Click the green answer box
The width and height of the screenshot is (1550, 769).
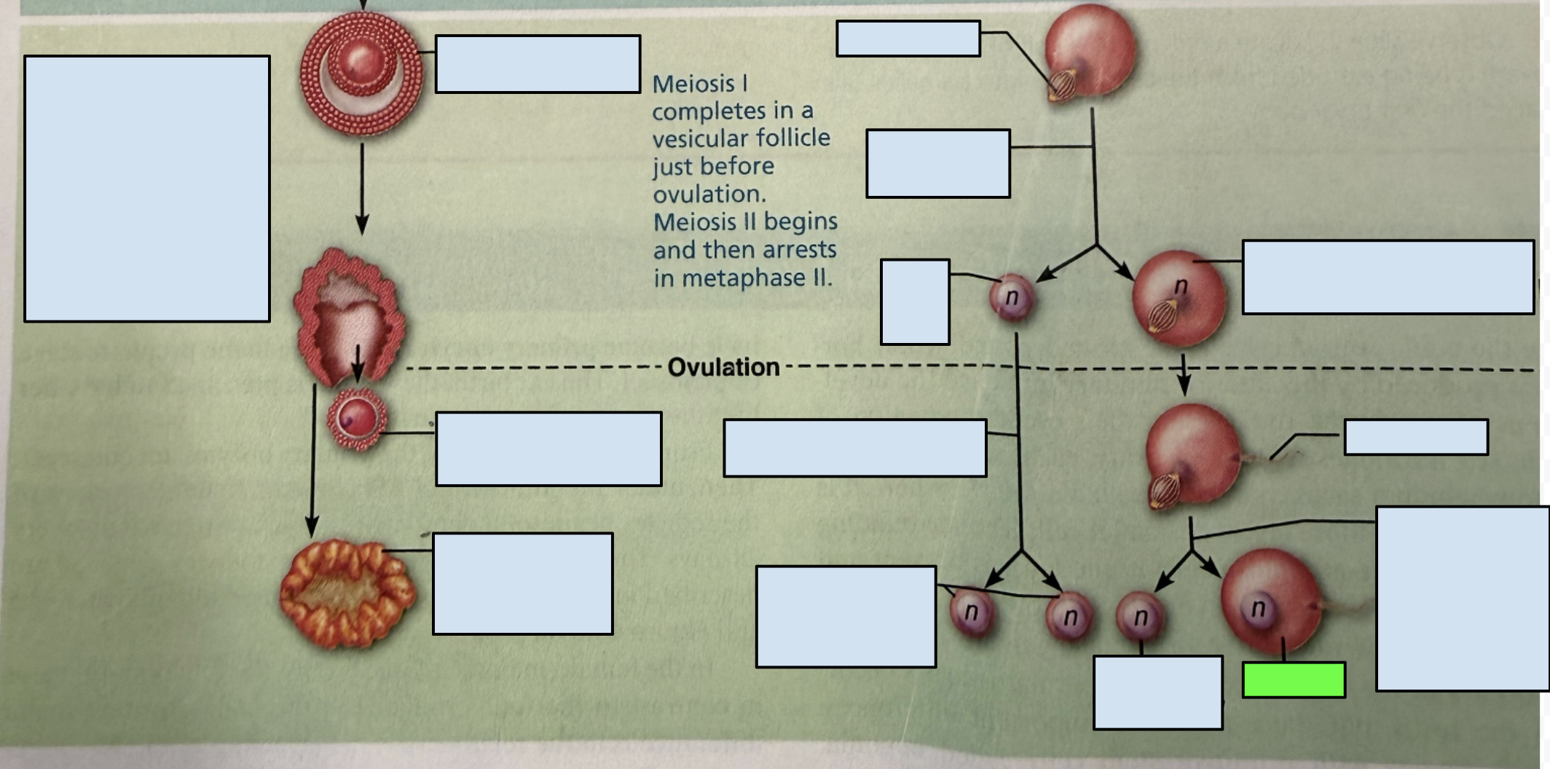tap(1294, 679)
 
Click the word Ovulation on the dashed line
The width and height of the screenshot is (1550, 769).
tap(723, 367)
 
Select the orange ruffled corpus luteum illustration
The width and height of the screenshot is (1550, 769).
tap(348, 593)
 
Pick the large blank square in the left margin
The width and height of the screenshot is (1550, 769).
tap(147, 189)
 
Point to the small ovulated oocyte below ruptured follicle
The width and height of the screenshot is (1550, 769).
tap(357, 419)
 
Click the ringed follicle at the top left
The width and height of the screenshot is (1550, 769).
tap(361, 74)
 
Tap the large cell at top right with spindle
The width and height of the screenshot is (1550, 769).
tap(1090, 52)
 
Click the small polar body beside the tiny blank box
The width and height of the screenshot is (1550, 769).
tap(1012, 297)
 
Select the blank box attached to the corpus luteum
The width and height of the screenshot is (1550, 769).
tap(523, 583)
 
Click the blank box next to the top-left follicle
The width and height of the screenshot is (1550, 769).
tap(538, 64)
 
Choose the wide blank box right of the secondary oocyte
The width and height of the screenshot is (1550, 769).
tap(1388, 277)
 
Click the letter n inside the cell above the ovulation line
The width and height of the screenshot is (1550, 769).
tap(1181, 286)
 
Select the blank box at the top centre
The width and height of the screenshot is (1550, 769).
tap(908, 39)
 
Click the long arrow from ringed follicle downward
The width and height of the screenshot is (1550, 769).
tap(362, 188)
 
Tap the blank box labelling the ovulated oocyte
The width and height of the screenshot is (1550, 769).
tap(548, 449)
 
